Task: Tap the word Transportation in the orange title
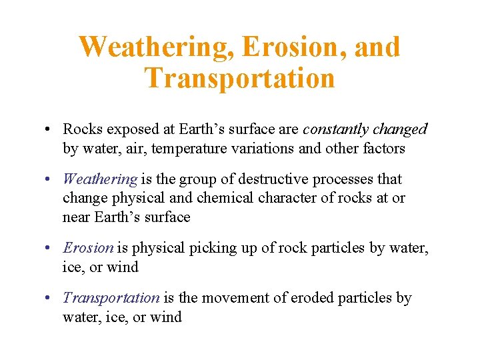pyautogui.click(x=239, y=78)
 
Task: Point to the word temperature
pyautogui.click(x=189, y=148)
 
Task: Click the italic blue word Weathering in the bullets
pyautogui.click(x=100, y=179)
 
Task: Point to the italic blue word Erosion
pyautogui.click(x=88, y=248)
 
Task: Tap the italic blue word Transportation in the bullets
pyautogui.click(x=111, y=298)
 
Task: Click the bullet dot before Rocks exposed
pyautogui.click(x=51, y=129)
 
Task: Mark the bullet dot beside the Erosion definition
pyautogui.click(x=51, y=248)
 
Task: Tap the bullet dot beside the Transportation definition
pyautogui.click(x=51, y=298)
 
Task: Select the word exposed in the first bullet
pyautogui.click(x=129, y=129)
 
